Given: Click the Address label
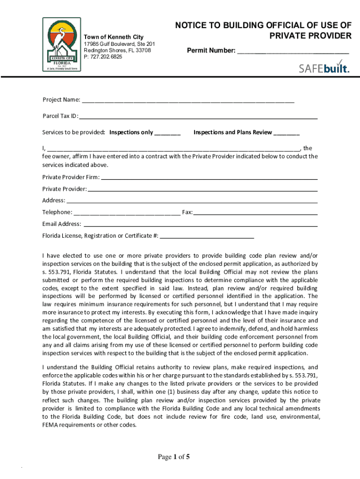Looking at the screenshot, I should tap(53, 201).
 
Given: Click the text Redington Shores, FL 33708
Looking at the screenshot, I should tap(117, 50).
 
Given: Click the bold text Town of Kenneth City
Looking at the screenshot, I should tap(113, 37).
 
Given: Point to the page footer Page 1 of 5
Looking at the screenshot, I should tap(173, 457).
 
